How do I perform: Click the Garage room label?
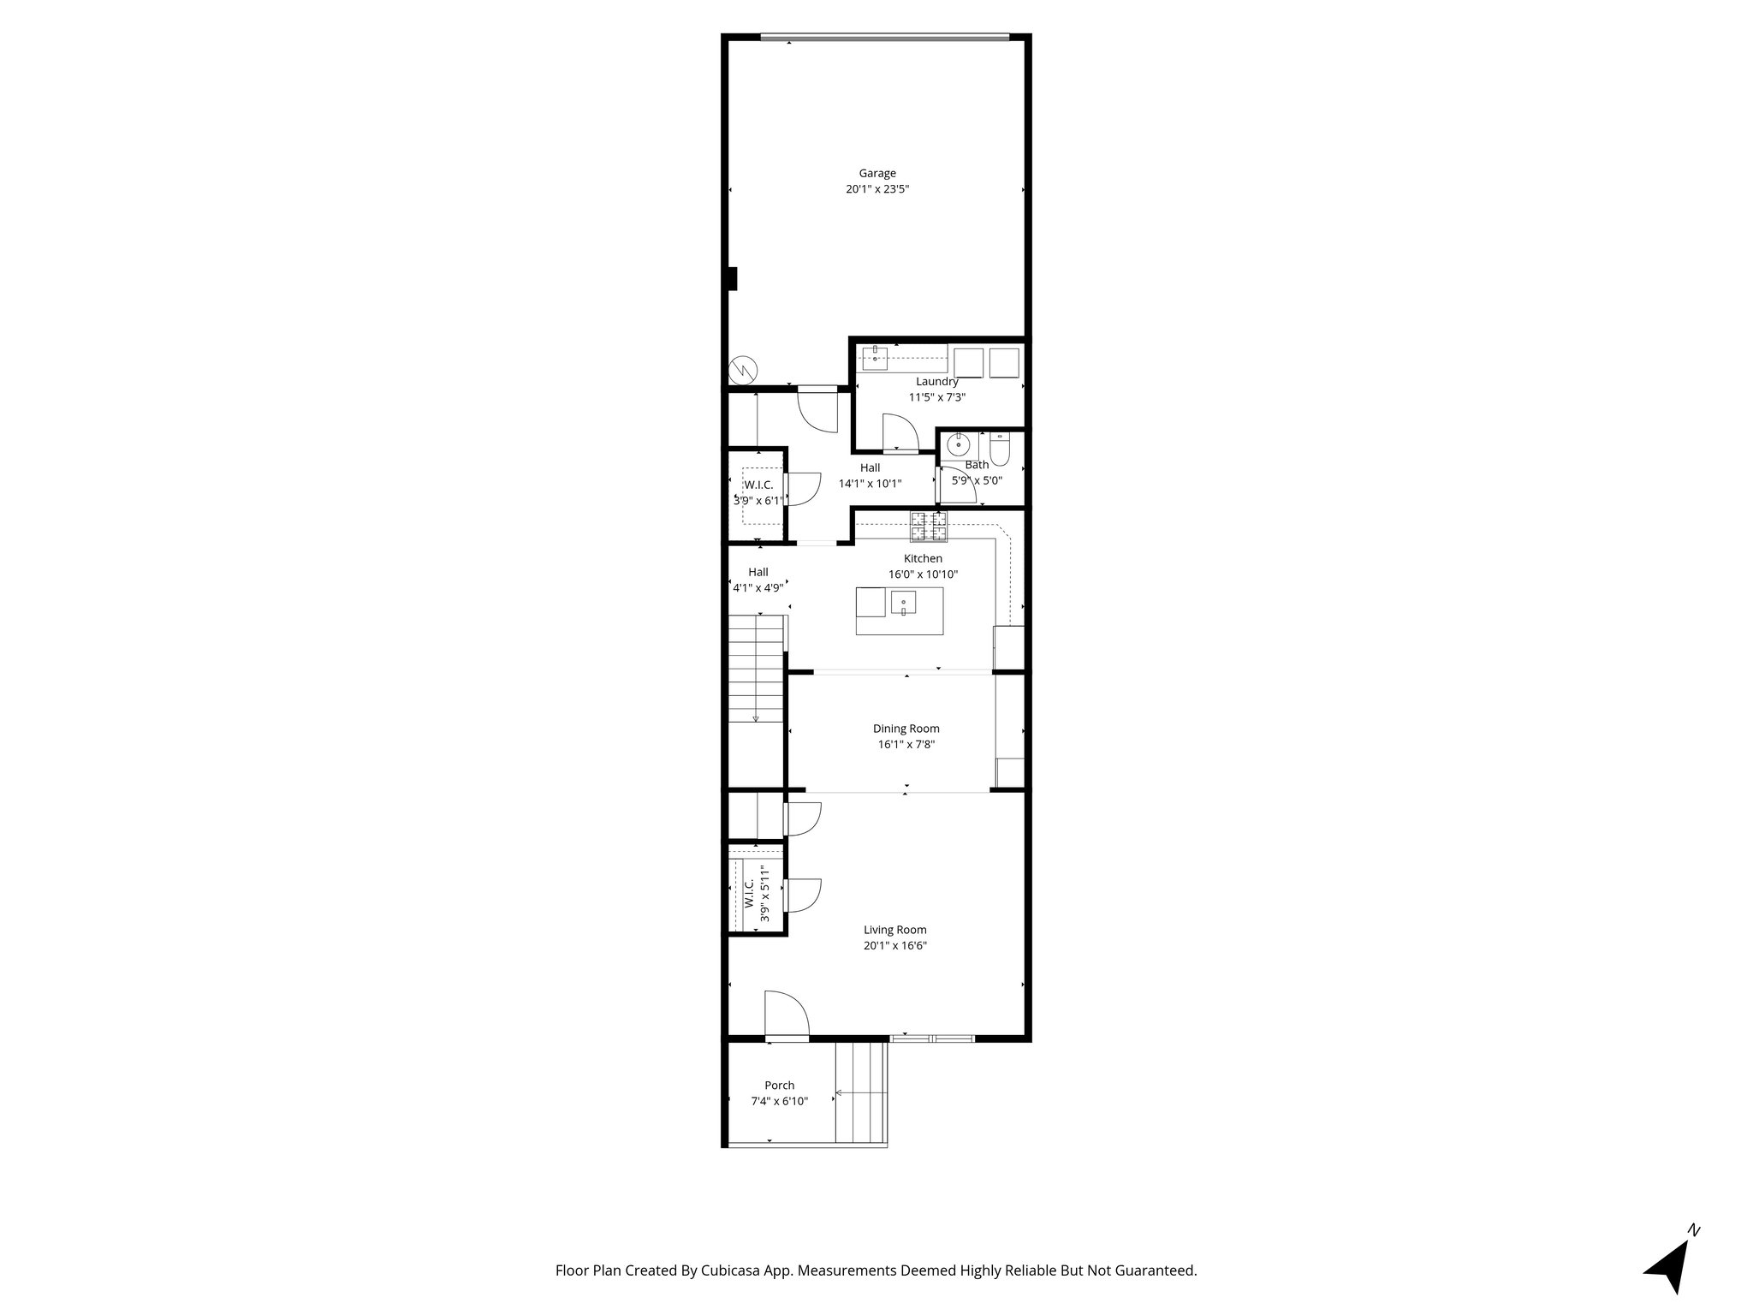click(x=877, y=174)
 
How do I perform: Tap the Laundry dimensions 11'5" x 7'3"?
click(x=936, y=397)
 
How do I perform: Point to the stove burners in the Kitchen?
click(x=929, y=527)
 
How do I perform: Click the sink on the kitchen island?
click(x=903, y=604)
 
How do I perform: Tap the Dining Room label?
click(x=906, y=729)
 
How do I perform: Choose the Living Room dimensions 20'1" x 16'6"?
click(x=895, y=946)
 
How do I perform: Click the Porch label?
click(x=779, y=1086)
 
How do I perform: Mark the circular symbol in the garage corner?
click(x=743, y=371)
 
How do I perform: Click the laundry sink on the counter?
click(x=875, y=358)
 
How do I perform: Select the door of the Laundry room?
click(x=898, y=433)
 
